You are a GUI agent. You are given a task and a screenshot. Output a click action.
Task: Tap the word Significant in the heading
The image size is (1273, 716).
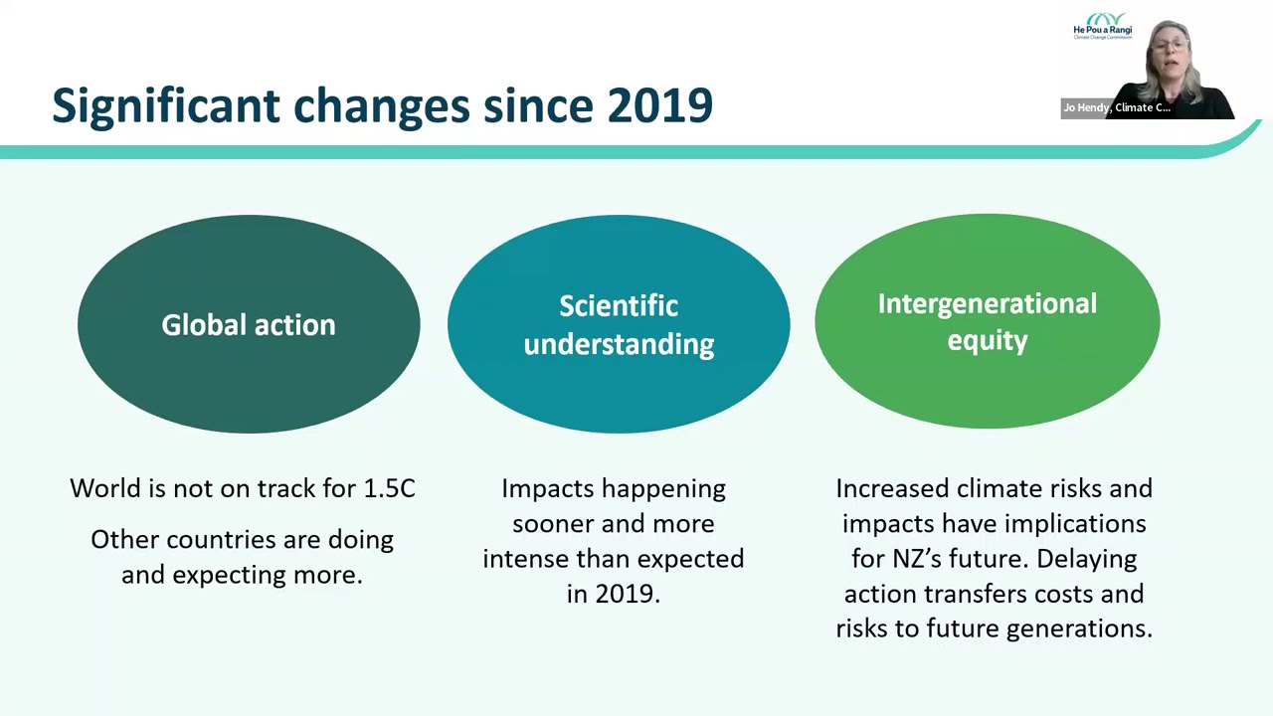(164, 105)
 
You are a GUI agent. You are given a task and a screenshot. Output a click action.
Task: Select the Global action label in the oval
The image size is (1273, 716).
(249, 325)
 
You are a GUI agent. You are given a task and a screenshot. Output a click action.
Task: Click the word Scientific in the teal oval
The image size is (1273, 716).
(619, 306)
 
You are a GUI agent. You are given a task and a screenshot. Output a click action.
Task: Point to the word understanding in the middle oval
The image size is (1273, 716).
(619, 344)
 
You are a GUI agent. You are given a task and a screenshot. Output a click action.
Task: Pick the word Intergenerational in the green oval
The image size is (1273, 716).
(987, 304)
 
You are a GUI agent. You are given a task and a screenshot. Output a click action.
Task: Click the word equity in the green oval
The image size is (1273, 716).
(987, 341)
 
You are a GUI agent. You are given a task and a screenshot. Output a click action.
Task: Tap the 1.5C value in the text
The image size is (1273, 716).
(389, 488)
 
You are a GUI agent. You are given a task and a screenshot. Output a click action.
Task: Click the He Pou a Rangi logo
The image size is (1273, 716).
(1102, 26)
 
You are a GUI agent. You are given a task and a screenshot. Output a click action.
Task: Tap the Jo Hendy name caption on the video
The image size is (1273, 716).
(1116, 107)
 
